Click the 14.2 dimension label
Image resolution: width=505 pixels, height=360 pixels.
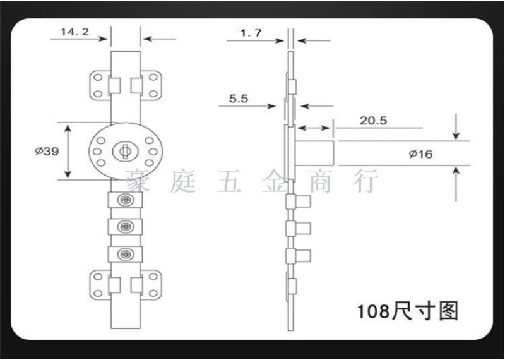[x=74, y=32]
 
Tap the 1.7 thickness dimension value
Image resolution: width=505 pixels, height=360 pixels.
[x=251, y=33]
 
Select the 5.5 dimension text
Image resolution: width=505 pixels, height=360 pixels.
[x=239, y=99]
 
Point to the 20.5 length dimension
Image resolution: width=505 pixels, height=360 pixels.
[x=373, y=121]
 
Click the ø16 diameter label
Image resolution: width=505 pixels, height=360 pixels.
[x=420, y=154]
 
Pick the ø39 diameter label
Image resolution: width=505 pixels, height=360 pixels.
[x=47, y=151]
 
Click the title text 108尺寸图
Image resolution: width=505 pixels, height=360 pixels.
[x=408, y=311]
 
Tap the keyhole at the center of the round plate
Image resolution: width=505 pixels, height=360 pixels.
[x=125, y=151]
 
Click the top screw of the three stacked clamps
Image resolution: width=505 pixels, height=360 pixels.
[x=126, y=200]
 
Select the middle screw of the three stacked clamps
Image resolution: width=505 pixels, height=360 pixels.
[x=126, y=227]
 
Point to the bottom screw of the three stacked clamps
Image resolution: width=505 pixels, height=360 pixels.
[x=126, y=255]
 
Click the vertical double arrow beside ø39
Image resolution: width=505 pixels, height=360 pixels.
[x=68, y=152]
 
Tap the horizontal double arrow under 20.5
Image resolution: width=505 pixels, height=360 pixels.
[x=314, y=128]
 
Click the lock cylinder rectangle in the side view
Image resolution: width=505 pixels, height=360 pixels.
[x=314, y=153]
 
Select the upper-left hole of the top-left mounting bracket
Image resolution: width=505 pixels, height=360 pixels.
[x=98, y=77]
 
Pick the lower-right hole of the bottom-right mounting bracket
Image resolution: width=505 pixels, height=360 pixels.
[x=153, y=293]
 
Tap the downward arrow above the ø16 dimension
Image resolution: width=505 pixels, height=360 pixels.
[x=456, y=127]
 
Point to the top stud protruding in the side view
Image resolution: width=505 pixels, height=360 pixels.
[x=303, y=201]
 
